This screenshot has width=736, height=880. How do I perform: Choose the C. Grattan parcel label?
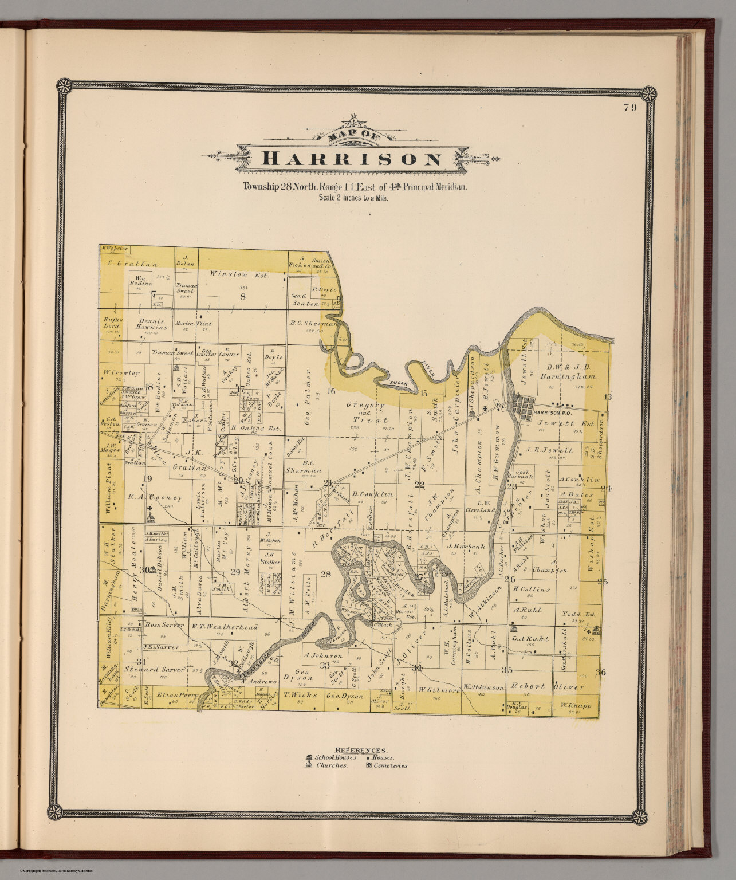click(x=132, y=264)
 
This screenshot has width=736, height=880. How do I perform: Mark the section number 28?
click(x=326, y=575)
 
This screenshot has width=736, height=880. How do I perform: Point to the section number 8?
click(x=242, y=296)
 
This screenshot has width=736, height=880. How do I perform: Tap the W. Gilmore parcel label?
click(x=439, y=690)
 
